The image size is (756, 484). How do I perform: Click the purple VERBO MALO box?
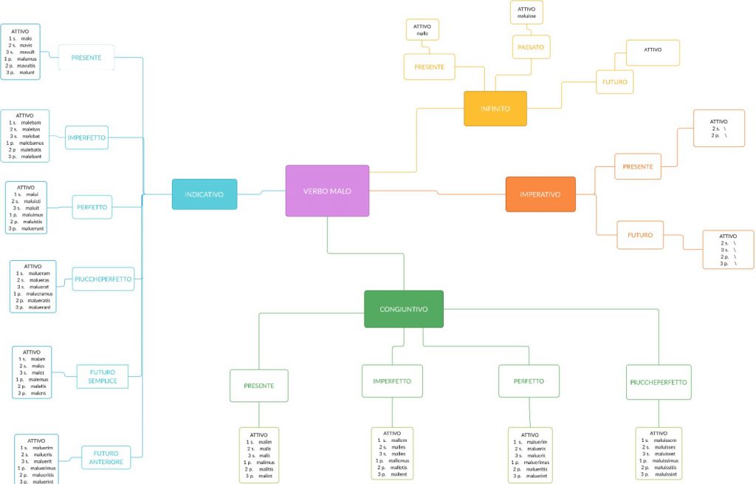327,191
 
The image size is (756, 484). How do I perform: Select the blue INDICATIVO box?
205,194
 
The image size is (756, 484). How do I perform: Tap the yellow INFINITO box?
495,109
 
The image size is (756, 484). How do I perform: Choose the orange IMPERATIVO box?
540,194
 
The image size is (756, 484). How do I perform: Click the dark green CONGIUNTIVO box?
403,309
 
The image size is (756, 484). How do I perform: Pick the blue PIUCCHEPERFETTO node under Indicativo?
103,279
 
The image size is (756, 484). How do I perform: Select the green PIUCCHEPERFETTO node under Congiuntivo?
658,383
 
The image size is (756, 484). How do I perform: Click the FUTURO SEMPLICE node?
103,376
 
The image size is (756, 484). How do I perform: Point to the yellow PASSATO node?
532,47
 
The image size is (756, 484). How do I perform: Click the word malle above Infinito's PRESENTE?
422,34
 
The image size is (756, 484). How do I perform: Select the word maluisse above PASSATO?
526,16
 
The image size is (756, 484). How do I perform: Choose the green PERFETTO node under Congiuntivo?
529,381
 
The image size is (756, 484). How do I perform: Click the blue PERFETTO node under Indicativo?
92,208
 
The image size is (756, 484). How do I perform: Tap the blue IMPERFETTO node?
86,137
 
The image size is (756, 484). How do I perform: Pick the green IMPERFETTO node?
392,381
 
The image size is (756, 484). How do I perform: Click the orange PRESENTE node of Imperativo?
637,167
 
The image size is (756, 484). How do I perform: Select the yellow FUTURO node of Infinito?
615,81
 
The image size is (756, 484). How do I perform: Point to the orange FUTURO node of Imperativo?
640,235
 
